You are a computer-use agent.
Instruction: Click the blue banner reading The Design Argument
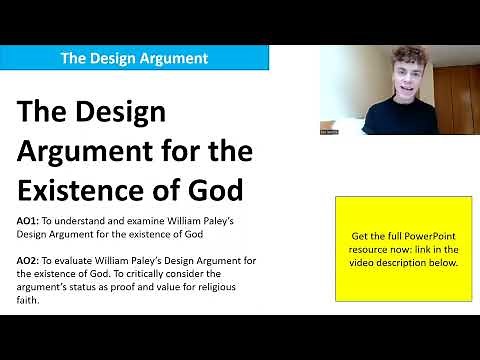click(134, 57)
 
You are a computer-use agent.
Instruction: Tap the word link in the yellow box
click(421, 249)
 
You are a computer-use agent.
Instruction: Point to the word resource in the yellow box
click(372, 249)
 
